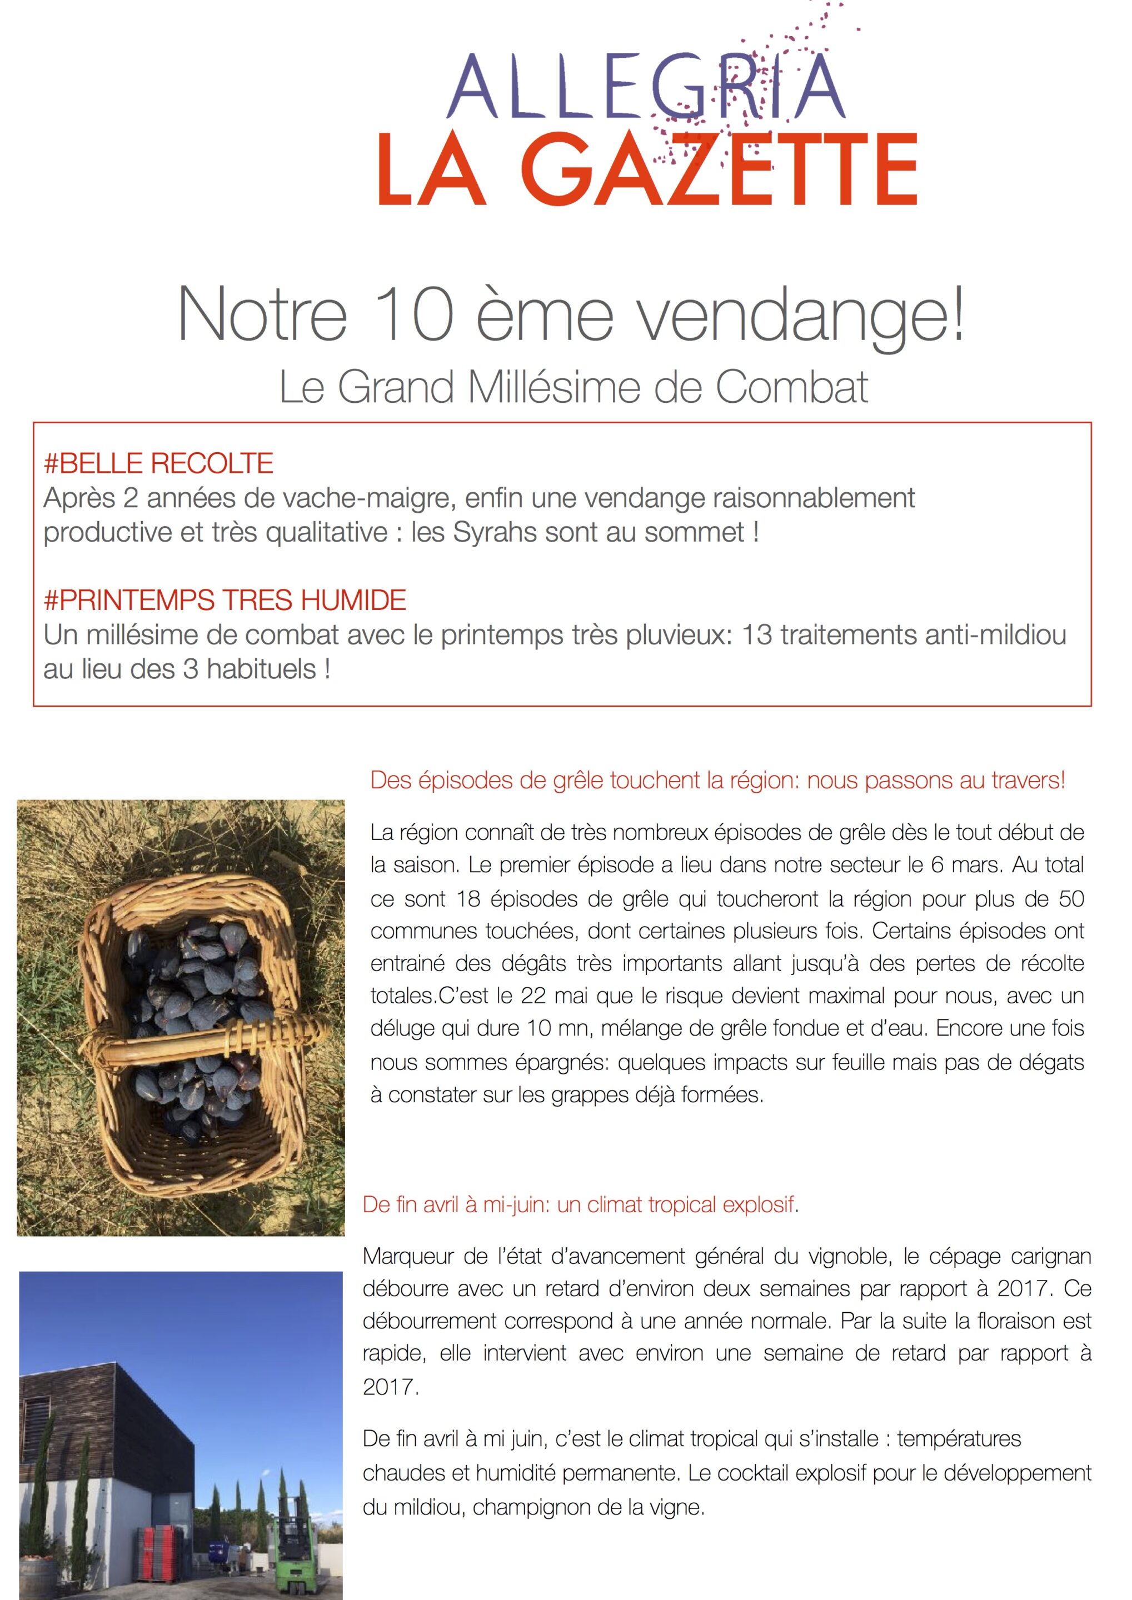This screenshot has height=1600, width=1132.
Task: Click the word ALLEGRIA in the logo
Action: (645, 87)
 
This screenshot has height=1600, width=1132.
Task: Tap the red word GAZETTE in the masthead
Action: (718, 171)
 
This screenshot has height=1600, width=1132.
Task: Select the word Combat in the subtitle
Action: (792, 387)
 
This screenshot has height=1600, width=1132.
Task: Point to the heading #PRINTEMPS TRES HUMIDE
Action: (225, 600)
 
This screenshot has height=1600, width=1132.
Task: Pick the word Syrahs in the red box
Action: (495, 532)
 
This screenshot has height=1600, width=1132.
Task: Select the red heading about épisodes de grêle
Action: (717, 781)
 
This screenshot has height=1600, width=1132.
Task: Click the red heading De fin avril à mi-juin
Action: (579, 1205)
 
